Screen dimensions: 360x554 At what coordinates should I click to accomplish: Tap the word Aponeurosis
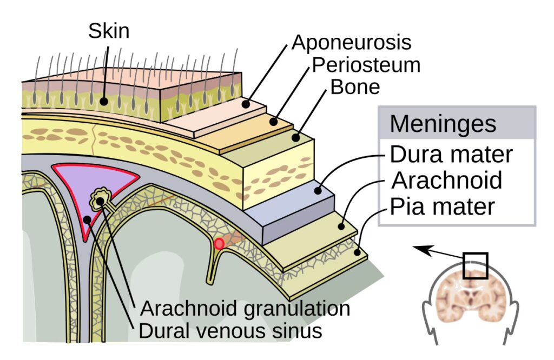point(352,43)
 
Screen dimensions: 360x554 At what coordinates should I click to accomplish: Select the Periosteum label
point(366,65)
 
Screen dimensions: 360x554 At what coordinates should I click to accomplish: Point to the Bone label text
point(355,86)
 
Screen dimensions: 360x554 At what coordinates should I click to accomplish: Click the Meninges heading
point(443,123)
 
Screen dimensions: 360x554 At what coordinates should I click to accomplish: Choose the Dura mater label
point(451,155)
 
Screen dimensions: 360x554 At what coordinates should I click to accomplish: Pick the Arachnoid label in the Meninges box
point(447,180)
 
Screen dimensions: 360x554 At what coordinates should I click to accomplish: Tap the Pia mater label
point(443,206)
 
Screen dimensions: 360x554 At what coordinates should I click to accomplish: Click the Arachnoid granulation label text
point(245,309)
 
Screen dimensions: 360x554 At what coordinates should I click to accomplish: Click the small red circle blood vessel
point(219,244)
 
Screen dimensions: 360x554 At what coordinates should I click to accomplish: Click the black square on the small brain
point(476,265)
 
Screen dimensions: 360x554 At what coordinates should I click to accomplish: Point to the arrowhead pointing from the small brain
point(418,248)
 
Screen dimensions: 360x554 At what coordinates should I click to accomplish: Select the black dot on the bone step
point(296,137)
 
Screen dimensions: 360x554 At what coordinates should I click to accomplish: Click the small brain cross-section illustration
point(470,295)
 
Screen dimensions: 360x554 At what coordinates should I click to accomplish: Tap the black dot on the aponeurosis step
point(246,104)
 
